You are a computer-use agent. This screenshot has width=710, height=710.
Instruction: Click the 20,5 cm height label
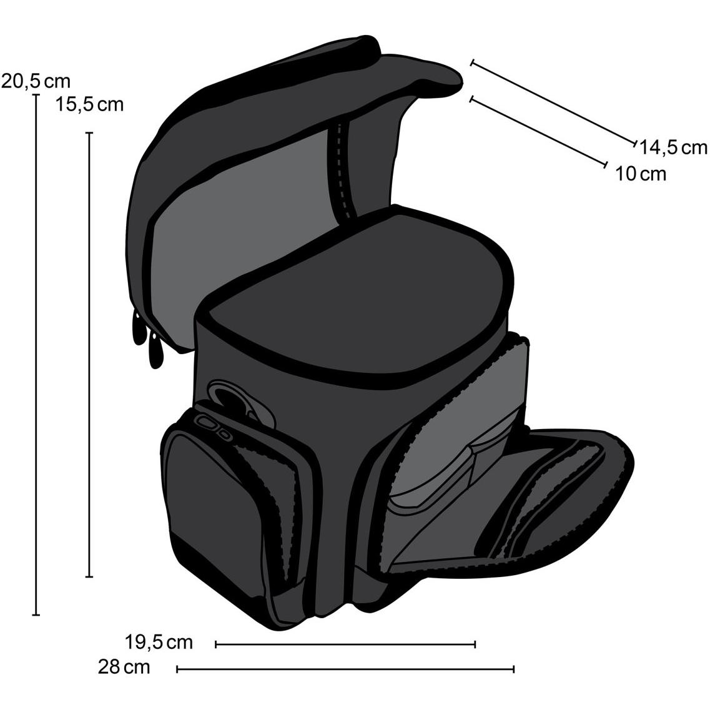click(36, 81)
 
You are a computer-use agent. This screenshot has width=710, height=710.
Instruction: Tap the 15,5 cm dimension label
click(89, 105)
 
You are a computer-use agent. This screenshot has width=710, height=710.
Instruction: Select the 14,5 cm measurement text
click(673, 147)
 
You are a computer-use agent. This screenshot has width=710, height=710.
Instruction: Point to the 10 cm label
click(640, 174)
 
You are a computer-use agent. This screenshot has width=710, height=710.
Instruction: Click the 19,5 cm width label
click(159, 642)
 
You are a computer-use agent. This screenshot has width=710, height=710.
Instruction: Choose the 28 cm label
click(124, 667)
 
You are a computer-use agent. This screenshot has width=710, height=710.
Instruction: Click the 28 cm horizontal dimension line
click(345, 669)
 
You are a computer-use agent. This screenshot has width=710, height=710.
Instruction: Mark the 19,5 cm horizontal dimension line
click(345, 644)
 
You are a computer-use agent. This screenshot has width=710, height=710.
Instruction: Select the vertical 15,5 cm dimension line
click(89, 355)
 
